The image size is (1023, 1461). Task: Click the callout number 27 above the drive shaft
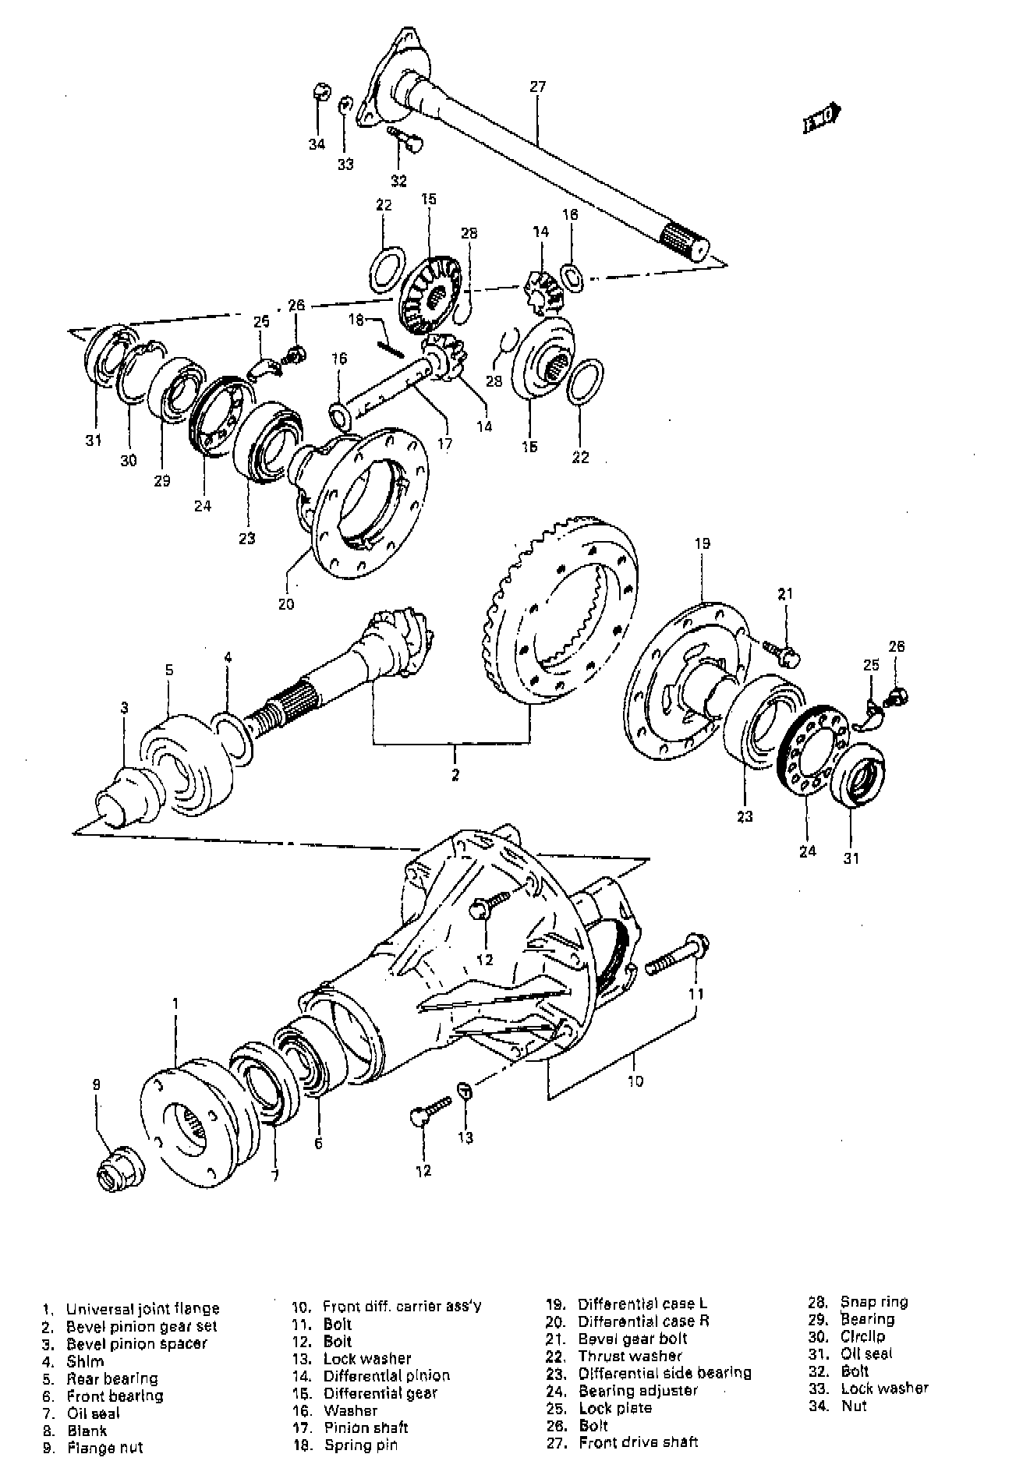coord(538,87)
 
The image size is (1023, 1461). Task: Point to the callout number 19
coord(702,543)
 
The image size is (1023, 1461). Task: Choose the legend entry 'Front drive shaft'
coord(638,1442)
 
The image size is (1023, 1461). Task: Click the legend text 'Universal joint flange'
coord(143,1309)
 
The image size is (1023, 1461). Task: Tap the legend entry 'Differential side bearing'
coord(664,1373)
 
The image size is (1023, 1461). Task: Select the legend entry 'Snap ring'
coord(873,1302)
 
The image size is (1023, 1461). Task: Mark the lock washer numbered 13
coord(462,1088)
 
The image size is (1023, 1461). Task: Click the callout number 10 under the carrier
coord(635,1081)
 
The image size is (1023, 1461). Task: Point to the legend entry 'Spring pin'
coord(361,1445)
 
